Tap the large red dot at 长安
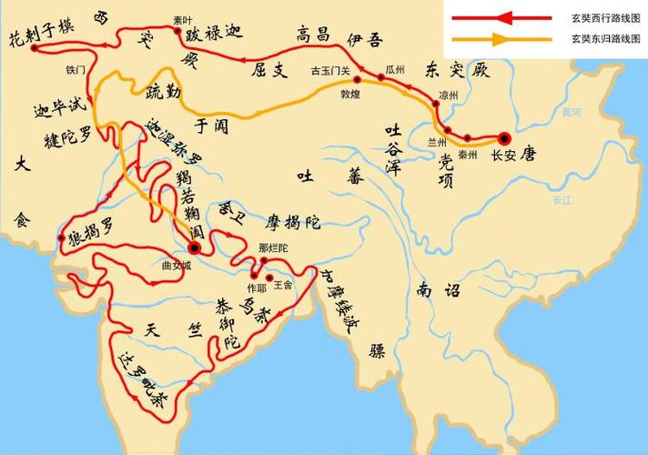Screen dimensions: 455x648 pyautogui.click(x=504, y=137)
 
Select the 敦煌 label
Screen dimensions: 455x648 pyautogui.click(x=352, y=94)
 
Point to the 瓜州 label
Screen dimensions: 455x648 pyautogui.click(x=395, y=68)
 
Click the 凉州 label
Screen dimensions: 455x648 pyautogui.click(x=449, y=95)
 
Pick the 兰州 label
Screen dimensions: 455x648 pyautogui.click(x=439, y=142)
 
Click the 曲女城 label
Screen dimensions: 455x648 pyautogui.click(x=177, y=267)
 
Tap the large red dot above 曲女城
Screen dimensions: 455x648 pyautogui.click(x=194, y=248)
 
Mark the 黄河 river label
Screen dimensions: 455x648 pyautogui.click(x=571, y=112)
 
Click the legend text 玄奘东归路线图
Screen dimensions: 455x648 pyautogui.click(x=602, y=38)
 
